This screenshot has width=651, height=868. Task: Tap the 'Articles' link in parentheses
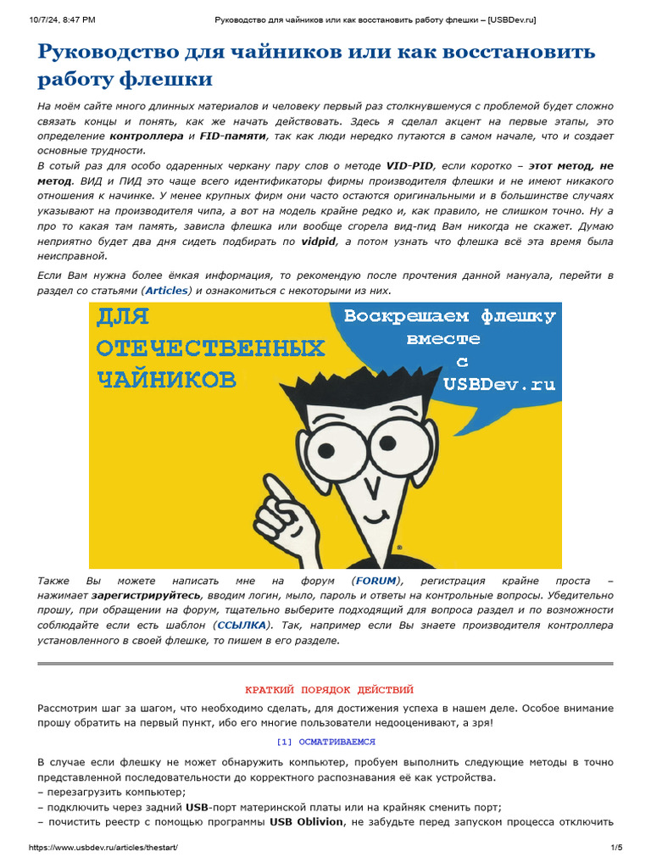(167, 291)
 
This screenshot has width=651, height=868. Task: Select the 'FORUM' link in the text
(376, 581)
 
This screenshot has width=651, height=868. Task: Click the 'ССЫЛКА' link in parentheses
(242, 625)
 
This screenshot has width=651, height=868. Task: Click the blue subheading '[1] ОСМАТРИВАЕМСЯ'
(325, 742)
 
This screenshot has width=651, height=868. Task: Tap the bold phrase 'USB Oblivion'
(306, 821)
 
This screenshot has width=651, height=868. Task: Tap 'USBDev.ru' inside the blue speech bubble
(499, 384)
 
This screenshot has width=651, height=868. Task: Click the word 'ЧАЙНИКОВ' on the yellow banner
(166, 380)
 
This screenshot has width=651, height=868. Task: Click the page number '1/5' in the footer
(616, 848)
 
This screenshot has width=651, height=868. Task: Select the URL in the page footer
(103, 848)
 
